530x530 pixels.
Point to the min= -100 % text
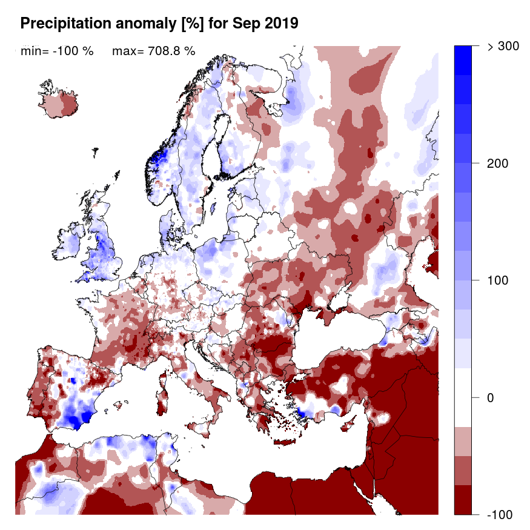pyautogui.click(x=57, y=51)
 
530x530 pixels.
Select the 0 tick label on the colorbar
pyautogui.click(x=492, y=397)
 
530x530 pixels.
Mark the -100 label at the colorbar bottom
pyautogui.click(x=498, y=514)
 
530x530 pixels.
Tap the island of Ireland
pyautogui.click(x=71, y=243)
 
